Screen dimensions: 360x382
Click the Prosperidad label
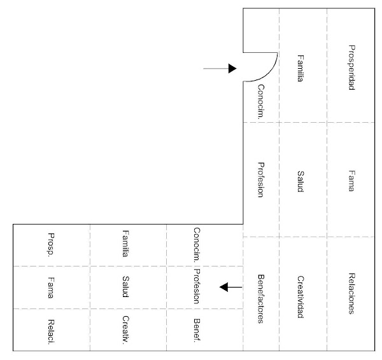pyautogui.click(x=351, y=67)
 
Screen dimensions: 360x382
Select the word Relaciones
pyautogui.click(x=351, y=293)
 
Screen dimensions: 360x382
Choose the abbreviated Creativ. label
pyautogui.click(x=126, y=328)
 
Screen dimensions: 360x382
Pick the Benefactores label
pyautogui.click(x=260, y=298)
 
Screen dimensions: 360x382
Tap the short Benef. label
pyautogui.click(x=197, y=330)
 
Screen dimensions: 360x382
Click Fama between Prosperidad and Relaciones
pyautogui.click(x=351, y=181)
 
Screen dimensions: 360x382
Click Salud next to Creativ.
pyautogui.click(x=126, y=287)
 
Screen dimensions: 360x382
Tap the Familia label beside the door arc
pyautogui.click(x=301, y=69)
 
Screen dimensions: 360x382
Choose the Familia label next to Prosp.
pyautogui.click(x=126, y=244)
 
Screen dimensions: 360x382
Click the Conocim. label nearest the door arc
pyautogui.click(x=260, y=100)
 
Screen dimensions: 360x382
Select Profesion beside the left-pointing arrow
pyautogui.click(x=197, y=287)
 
